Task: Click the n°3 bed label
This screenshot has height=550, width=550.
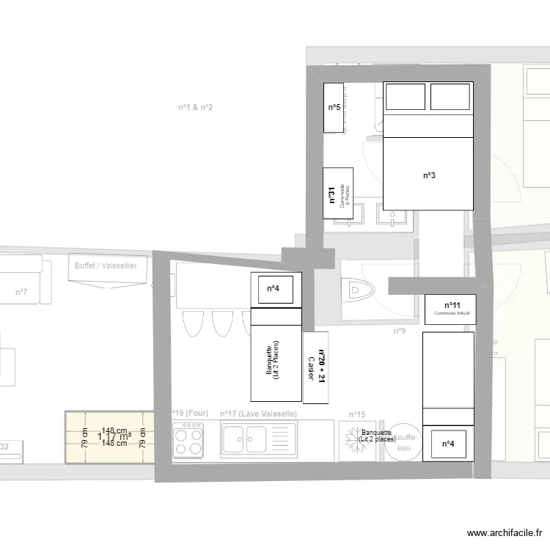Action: click(x=430, y=175)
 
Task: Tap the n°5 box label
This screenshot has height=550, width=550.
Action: click(x=334, y=108)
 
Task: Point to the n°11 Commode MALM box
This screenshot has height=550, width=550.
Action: click(x=451, y=309)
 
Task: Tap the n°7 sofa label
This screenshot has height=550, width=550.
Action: click(x=21, y=293)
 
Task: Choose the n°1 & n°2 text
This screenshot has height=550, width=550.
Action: click(x=195, y=107)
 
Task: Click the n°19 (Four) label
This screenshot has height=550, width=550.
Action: click(x=190, y=414)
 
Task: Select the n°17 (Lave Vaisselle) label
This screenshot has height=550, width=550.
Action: click(x=258, y=414)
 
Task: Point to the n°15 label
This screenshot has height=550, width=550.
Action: click(x=357, y=414)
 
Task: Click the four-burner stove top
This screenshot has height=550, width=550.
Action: click(x=188, y=440)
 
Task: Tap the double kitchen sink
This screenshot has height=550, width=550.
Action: click(x=246, y=440)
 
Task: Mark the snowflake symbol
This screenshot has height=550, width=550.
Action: click(x=353, y=438)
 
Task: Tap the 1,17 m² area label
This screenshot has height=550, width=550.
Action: click(x=109, y=437)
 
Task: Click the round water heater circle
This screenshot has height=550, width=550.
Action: click(x=404, y=442)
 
